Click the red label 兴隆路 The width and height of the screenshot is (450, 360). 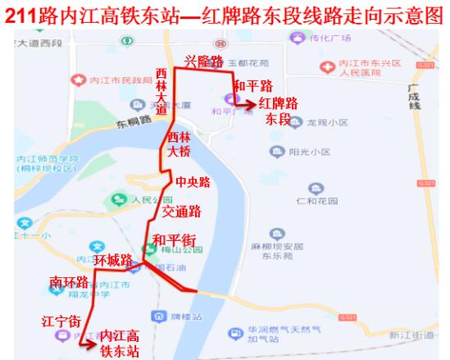203,62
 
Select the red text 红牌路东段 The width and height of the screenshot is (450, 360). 279,111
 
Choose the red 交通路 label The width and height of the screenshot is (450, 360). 181,212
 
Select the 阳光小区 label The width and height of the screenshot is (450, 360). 310,152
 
